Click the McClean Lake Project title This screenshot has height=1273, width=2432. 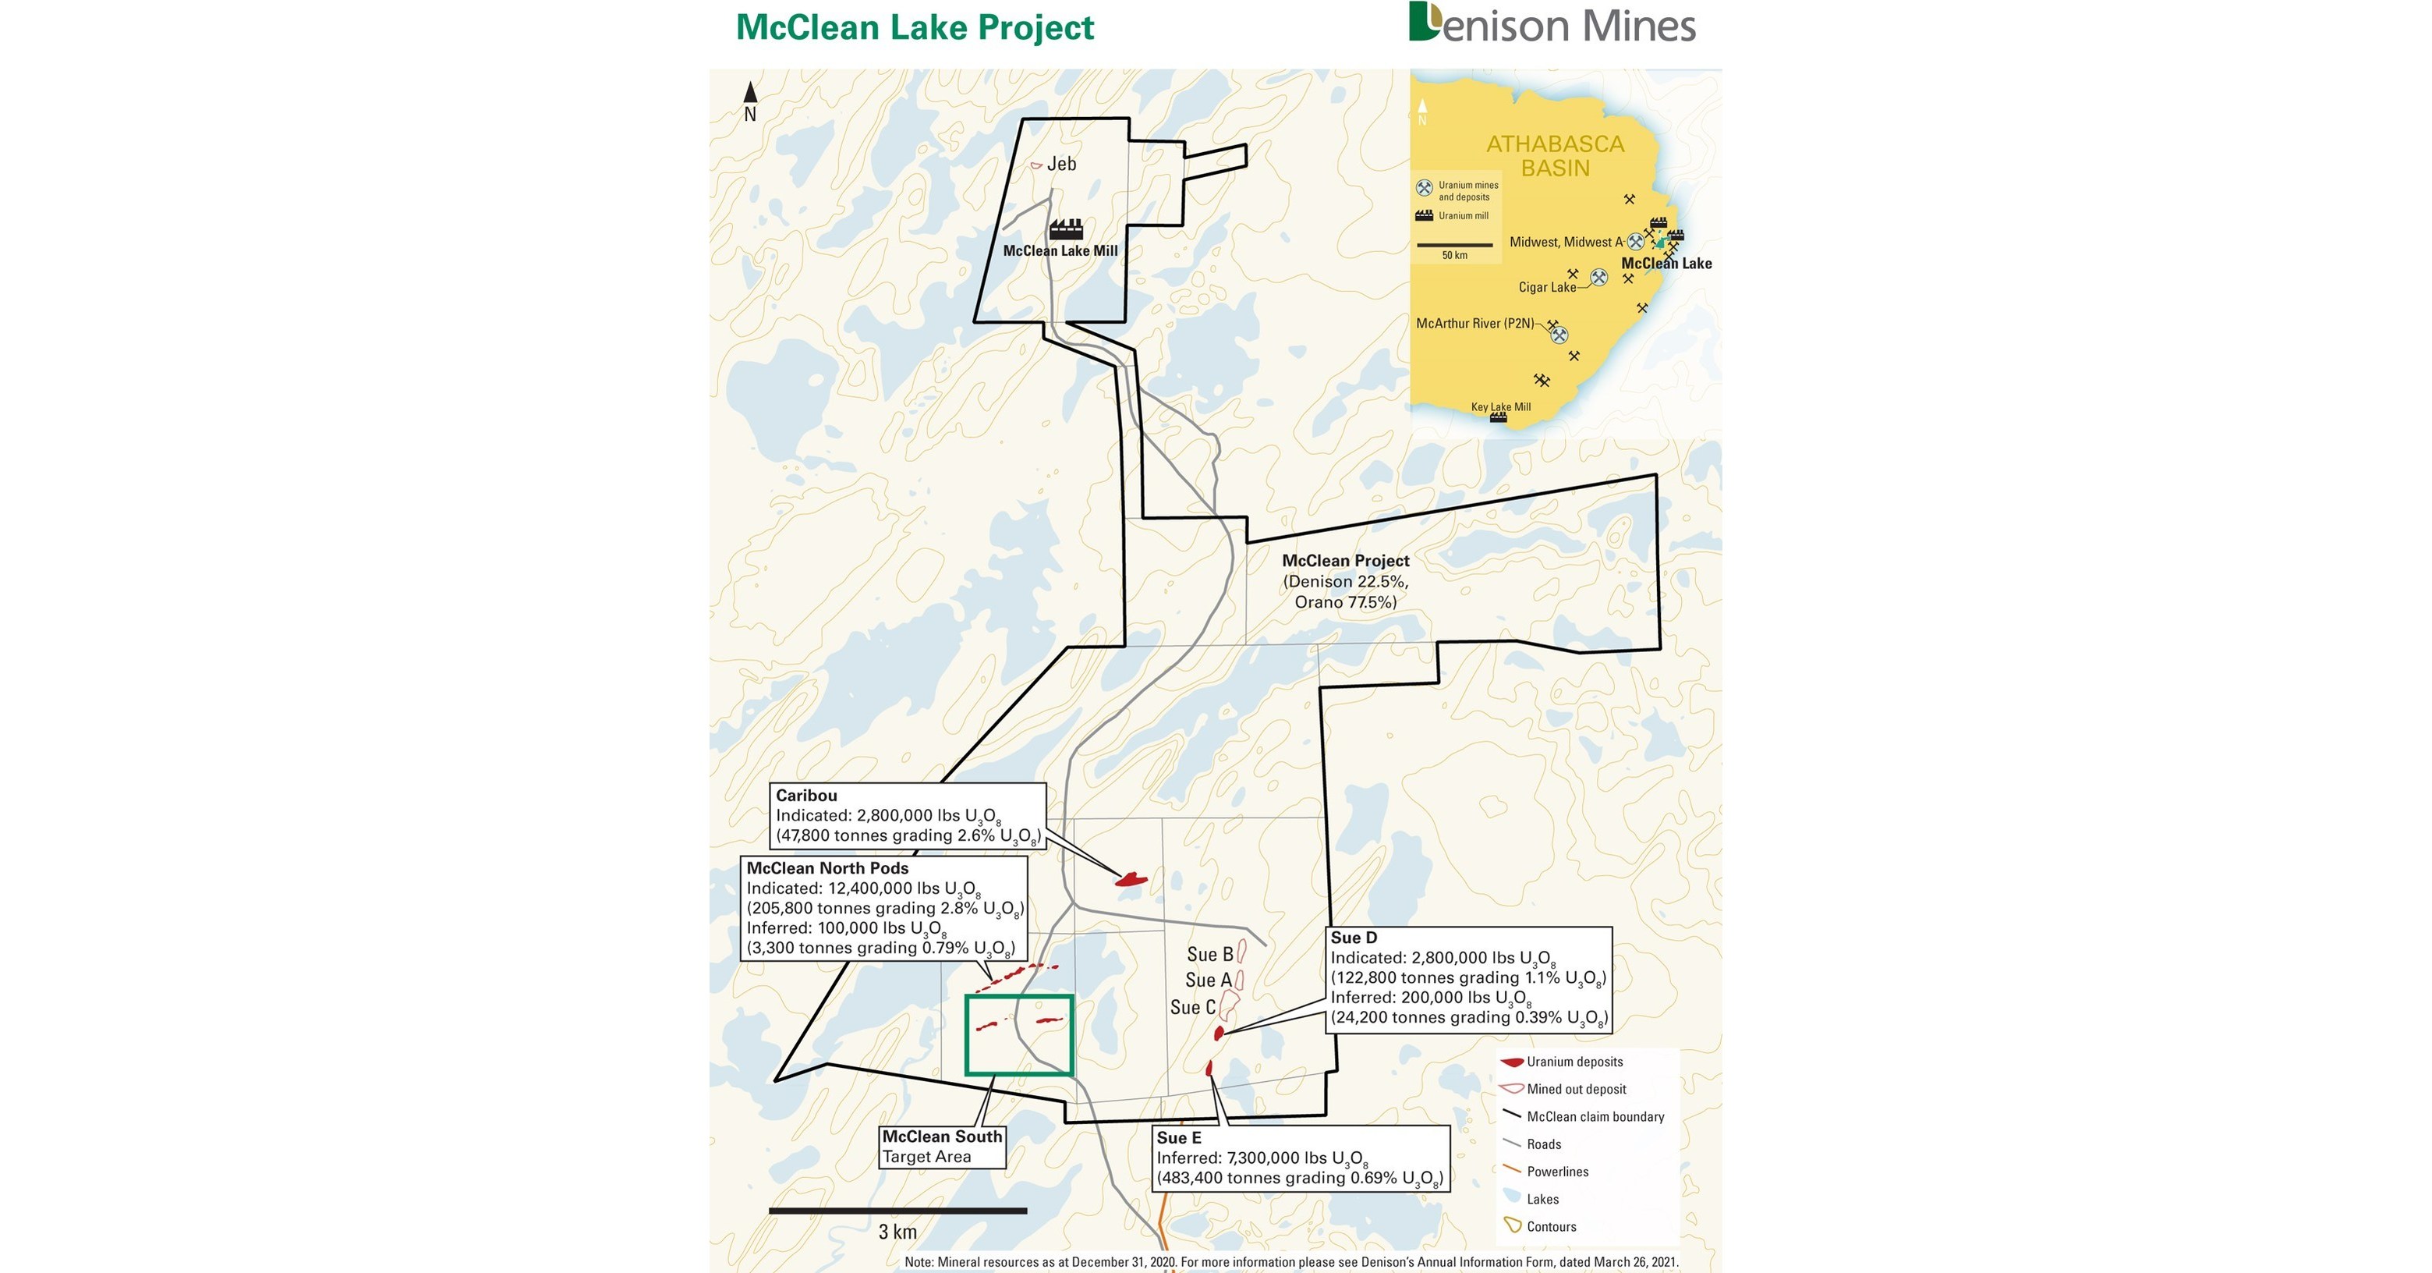point(914,27)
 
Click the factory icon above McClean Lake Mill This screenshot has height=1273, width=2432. point(1066,229)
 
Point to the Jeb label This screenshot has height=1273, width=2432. point(1061,165)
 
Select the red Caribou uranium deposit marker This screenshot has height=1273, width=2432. point(1131,880)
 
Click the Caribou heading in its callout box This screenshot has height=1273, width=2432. point(806,795)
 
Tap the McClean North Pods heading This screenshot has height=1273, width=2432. point(827,868)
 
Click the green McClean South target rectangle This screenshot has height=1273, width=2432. point(1018,1035)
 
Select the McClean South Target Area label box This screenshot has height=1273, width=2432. point(941,1147)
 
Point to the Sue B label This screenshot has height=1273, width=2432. point(1209,955)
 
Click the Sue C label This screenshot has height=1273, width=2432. point(1192,1008)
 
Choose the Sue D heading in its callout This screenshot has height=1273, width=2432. point(1354,938)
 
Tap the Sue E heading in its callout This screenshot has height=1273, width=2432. point(1179,1138)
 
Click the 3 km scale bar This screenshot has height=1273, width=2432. point(897,1211)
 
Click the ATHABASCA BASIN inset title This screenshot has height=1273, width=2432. point(1555,156)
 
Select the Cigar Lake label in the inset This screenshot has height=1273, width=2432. point(1546,287)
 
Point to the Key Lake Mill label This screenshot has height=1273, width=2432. point(1500,407)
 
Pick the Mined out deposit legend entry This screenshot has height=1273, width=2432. point(1576,1089)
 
